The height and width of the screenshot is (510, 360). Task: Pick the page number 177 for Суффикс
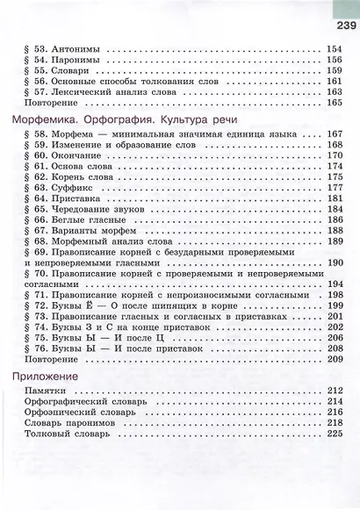[334, 188]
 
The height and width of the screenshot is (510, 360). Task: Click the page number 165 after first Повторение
[334, 103]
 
